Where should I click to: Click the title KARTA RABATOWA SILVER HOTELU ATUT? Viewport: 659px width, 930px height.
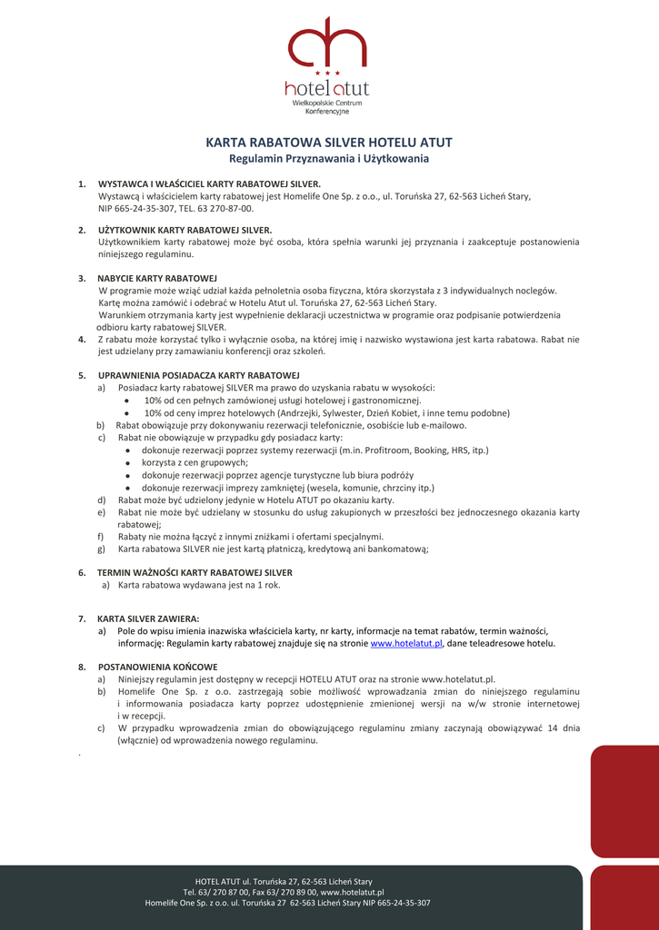329,143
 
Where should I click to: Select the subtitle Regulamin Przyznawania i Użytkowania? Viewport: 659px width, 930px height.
329,159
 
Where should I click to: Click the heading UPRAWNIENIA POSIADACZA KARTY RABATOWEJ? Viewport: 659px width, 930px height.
199,375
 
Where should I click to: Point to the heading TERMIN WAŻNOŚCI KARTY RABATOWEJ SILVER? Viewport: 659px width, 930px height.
195,573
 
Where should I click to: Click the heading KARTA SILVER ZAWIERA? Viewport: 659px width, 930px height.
148,618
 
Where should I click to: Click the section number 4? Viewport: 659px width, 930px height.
82,339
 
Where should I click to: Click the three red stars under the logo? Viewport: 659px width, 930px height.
326,73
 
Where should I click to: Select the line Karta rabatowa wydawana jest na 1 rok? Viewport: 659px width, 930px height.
199,585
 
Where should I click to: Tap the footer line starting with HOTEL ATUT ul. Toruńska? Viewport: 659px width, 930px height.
284,881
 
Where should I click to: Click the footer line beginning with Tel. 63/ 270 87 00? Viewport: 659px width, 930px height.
284,892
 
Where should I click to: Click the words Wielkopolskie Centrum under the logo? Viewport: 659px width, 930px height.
326,103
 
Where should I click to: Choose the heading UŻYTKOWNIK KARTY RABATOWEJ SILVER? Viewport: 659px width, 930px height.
185,230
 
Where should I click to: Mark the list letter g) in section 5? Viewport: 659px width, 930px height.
101,549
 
